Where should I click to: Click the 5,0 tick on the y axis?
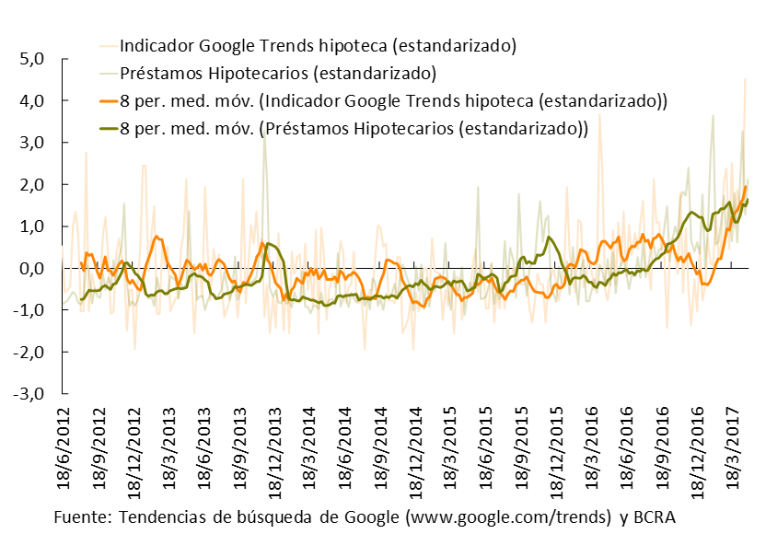(x=32, y=59)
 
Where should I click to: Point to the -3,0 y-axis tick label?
(x=30, y=394)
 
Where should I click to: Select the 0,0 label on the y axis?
(x=32, y=269)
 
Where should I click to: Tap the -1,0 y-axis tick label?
(x=30, y=310)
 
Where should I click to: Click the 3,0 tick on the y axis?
(x=32, y=143)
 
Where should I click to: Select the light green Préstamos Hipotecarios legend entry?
(x=277, y=73)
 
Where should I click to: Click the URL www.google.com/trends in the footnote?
(x=507, y=516)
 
